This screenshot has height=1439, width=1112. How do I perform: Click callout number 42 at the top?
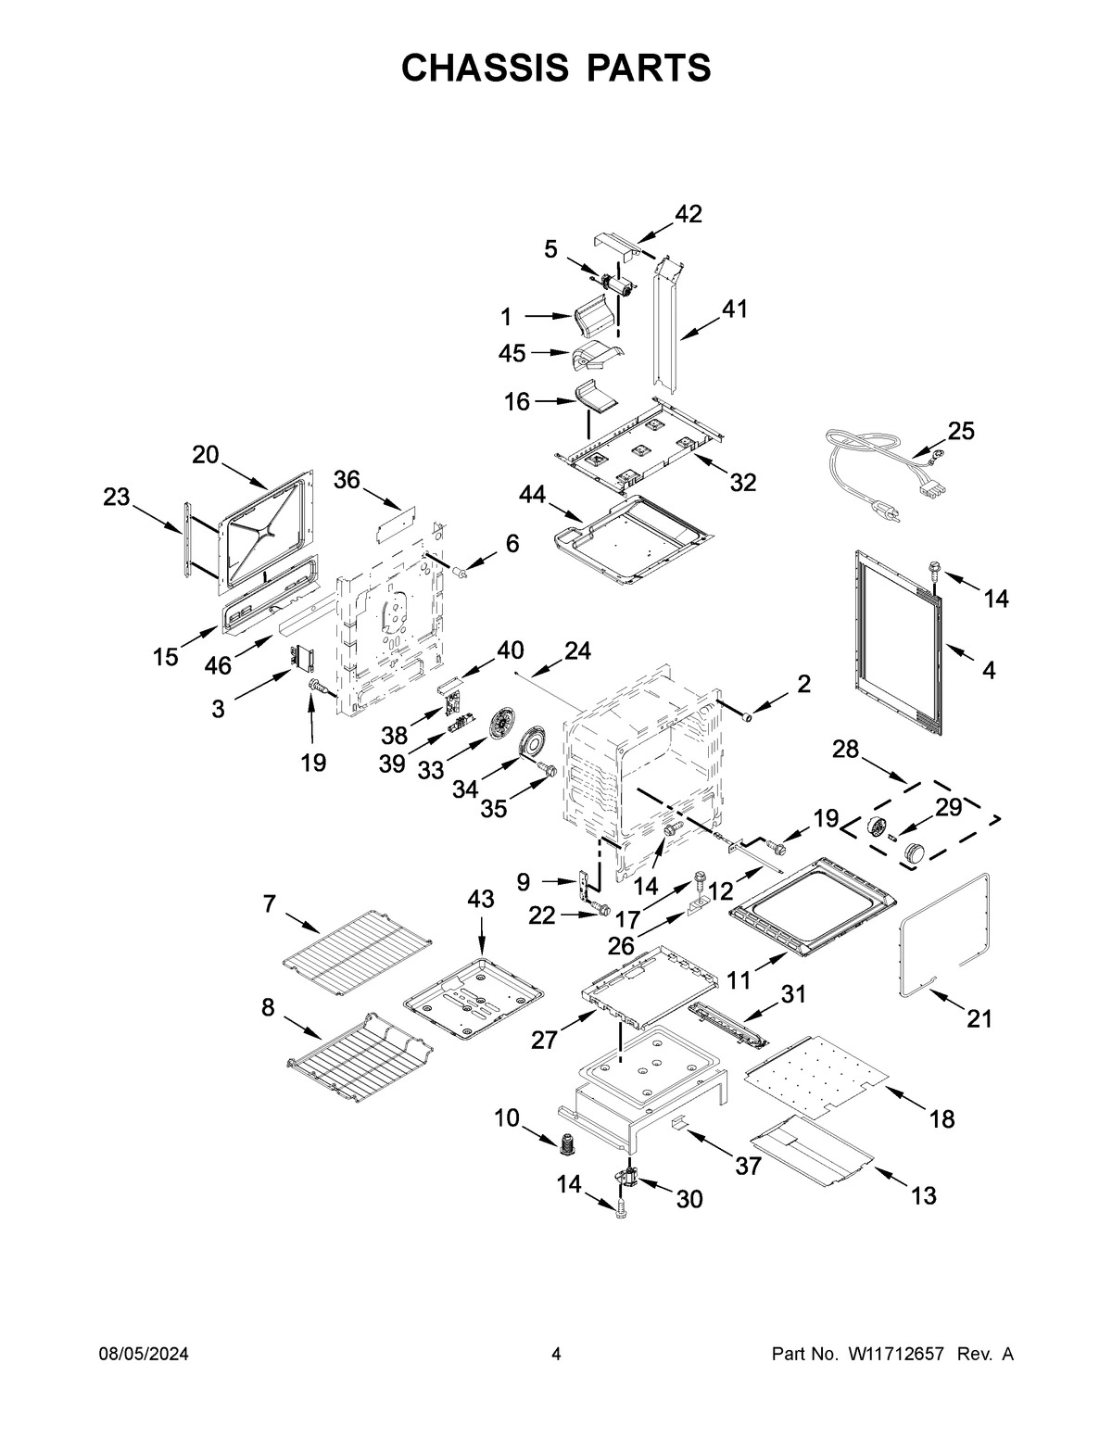click(x=688, y=214)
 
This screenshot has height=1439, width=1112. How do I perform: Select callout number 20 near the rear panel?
click(x=206, y=455)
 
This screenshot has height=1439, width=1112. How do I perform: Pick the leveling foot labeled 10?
click(x=564, y=1144)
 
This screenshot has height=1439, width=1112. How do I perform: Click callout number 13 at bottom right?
click(x=923, y=1195)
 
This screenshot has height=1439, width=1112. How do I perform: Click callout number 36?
click(x=347, y=479)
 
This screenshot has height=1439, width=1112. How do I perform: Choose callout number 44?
click(x=532, y=496)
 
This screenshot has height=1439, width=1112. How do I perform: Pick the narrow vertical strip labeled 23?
click(x=188, y=543)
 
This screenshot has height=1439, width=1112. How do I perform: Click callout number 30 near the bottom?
click(x=689, y=1199)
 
